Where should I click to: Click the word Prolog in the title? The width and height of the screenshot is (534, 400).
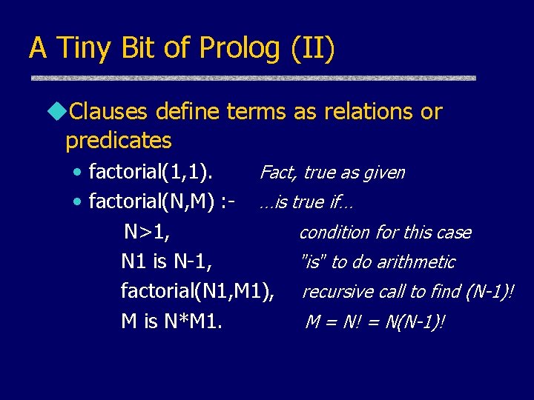pyautogui.click(x=240, y=49)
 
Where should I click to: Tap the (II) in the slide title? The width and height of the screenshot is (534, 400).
pyautogui.click(x=312, y=49)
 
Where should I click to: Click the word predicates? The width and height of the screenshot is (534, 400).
pyautogui.click(x=118, y=140)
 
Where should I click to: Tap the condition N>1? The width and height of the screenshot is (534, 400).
pyautogui.click(x=147, y=232)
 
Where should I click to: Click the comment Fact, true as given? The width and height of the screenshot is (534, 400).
pyautogui.click(x=332, y=173)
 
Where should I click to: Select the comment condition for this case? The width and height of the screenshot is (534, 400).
pyautogui.click(x=384, y=233)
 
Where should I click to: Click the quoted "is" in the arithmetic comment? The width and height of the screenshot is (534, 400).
pyautogui.click(x=312, y=261)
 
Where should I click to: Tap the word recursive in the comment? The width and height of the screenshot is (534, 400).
pyautogui.click(x=332, y=292)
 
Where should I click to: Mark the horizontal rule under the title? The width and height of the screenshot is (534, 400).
pyautogui.click(x=252, y=78)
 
